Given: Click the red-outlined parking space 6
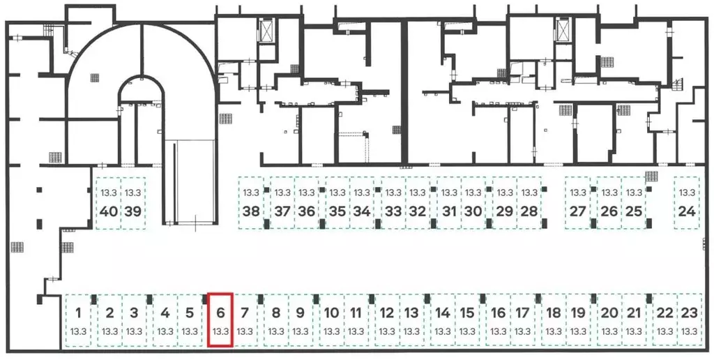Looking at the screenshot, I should tap(220, 320).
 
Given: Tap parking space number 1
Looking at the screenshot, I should tap(79, 320).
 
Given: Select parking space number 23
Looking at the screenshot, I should tap(688, 320).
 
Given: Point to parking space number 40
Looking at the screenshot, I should tap(108, 203).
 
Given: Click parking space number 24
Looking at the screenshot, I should tap(687, 203).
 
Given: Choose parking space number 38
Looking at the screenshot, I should tap(252, 203).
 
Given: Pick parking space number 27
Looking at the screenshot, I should tap(577, 203).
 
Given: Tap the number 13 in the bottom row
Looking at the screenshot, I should tap(411, 313).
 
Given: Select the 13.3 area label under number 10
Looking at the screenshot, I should tap(332, 331).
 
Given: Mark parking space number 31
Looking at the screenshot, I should tap(449, 203).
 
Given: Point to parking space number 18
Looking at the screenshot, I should tap(553, 320).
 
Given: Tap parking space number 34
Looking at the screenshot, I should tap(361, 203).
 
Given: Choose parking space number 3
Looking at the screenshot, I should tap(135, 320).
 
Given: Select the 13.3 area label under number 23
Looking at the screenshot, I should tap(688, 331).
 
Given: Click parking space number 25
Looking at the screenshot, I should tap(633, 203).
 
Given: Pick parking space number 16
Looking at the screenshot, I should tap(498, 320).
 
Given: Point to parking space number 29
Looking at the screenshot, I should tap(505, 203).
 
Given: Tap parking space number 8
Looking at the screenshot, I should tap(276, 320).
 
